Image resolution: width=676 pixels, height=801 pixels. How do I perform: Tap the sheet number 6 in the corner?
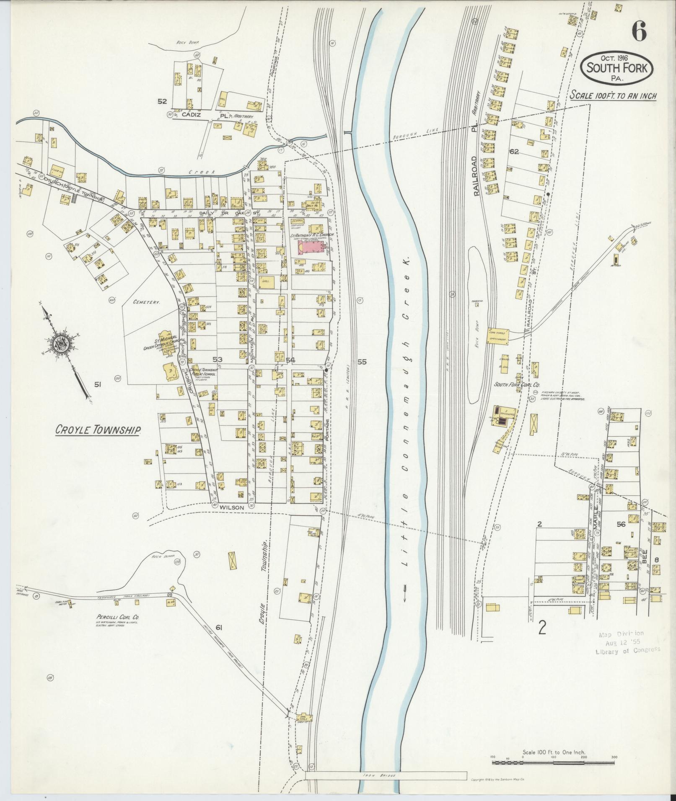638,31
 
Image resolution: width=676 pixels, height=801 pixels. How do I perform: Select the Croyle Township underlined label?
98,430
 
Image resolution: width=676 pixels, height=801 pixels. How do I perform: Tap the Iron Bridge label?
386,776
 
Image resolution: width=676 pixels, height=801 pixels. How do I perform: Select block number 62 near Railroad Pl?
514,152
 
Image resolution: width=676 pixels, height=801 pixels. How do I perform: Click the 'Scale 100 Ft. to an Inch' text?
613,95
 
